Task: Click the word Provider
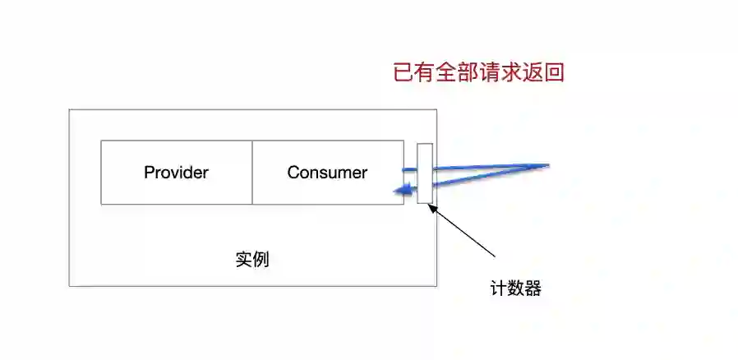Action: click(x=176, y=173)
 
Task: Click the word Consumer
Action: click(x=327, y=173)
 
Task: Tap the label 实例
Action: click(x=252, y=260)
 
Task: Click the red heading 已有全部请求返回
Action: click(x=478, y=72)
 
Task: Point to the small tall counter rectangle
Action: click(x=424, y=173)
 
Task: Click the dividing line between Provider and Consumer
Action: click(x=252, y=172)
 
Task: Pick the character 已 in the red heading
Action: click(x=404, y=72)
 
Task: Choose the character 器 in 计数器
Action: click(x=532, y=288)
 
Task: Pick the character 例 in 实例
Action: click(x=261, y=260)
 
